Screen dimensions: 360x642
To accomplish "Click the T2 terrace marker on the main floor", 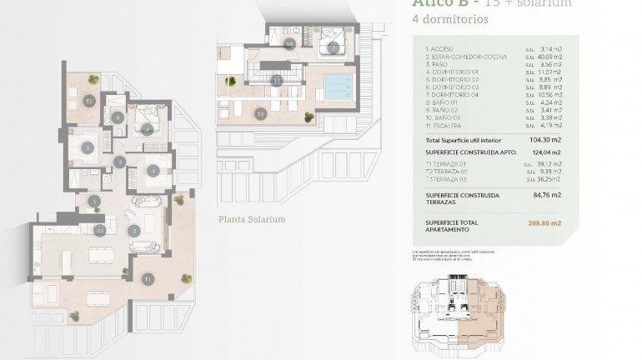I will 88,100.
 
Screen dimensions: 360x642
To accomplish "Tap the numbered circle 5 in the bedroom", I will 88,148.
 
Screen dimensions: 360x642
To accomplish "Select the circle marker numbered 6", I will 153,171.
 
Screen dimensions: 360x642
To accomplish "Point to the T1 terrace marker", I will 148,278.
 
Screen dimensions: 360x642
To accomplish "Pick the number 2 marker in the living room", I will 133,230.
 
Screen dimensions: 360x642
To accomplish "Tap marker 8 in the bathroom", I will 118,118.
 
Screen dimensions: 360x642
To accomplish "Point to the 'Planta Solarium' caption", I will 251,219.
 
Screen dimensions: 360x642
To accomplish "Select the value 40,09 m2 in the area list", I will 543,57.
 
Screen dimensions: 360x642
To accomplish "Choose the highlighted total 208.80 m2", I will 544,223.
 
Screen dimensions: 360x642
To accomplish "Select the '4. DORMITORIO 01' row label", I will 453,72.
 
